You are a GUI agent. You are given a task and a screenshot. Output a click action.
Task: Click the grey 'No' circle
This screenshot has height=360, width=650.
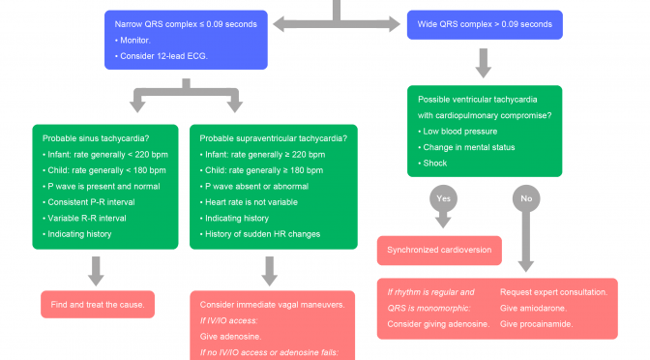[x=526, y=198]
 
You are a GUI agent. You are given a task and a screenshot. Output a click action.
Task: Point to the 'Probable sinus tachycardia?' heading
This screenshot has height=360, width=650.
[x=96, y=137]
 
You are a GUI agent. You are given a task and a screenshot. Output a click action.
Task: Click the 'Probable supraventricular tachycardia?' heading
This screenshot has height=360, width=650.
[x=274, y=137]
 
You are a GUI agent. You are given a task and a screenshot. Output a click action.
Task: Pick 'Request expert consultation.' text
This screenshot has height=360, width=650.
[x=553, y=291]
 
